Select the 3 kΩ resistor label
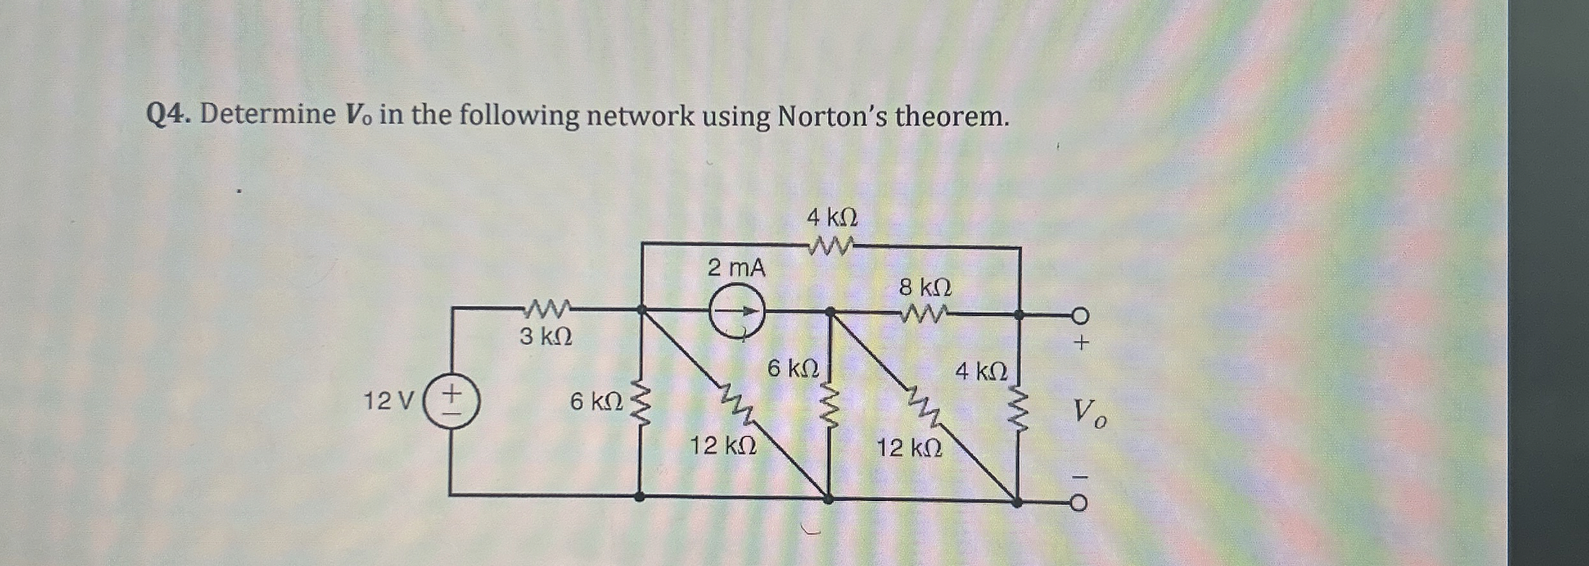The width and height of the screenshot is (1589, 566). pos(545,336)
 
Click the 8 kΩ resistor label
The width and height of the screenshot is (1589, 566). pos(925,287)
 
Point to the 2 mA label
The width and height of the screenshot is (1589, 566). pos(737,268)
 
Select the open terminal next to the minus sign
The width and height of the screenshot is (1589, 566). pos(1080,503)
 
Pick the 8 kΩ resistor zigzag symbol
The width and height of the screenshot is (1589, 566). pos(923,314)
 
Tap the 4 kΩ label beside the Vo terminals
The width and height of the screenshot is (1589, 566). pos(981,370)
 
